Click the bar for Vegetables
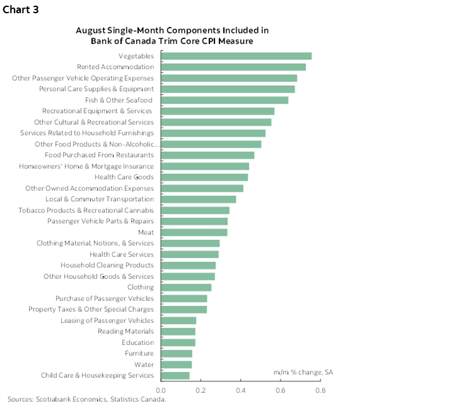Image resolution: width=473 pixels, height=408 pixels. point(237,56)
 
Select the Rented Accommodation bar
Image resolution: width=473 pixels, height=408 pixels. point(233,67)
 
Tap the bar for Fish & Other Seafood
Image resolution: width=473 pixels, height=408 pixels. point(225,100)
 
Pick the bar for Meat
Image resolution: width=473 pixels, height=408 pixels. point(194,232)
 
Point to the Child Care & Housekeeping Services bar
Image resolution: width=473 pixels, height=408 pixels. point(175,376)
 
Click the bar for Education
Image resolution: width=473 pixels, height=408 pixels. point(178,343)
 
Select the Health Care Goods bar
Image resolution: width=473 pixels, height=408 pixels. point(204,177)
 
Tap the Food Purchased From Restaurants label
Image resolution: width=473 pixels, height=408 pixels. point(99,155)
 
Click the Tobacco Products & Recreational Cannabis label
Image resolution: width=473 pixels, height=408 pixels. point(86,210)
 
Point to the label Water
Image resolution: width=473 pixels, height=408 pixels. point(144,365)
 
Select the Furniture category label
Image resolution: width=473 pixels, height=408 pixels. point(139,353)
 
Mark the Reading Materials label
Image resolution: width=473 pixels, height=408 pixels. point(126,331)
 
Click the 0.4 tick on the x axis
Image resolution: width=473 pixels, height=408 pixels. point(241,390)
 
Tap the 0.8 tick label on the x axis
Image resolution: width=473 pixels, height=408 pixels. point(320,390)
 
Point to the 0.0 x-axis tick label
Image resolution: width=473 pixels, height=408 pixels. point(161,390)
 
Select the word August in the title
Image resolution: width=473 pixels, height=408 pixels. point(90,30)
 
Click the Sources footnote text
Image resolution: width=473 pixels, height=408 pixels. point(86,399)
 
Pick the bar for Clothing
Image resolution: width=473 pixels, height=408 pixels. point(186,287)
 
